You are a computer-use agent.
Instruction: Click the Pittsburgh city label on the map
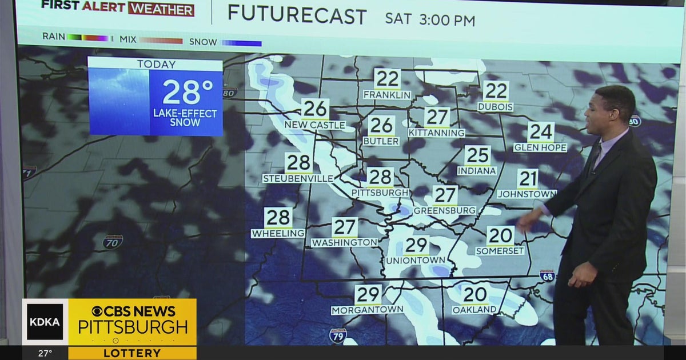tap(380, 193)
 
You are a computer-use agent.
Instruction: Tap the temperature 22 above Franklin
tap(387, 79)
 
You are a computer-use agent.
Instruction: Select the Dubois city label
tap(495, 107)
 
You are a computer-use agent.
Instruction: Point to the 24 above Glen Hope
tap(540, 132)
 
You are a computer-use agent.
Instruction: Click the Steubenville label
tap(298, 178)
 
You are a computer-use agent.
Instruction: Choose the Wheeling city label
tap(278, 233)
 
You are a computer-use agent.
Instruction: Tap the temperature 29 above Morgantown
tap(368, 295)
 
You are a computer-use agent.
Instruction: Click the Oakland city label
tap(474, 310)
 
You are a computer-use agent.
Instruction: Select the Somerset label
tap(500, 250)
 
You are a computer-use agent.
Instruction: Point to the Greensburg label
tap(444, 210)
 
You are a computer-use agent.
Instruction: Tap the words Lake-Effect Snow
tap(185, 118)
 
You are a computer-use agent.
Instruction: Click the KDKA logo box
tap(45, 322)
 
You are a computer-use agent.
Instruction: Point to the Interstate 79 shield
tap(338, 335)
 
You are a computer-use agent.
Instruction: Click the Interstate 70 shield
tap(113, 242)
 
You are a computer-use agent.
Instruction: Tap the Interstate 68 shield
tap(547, 275)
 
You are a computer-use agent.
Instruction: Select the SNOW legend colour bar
tap(242, 43)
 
